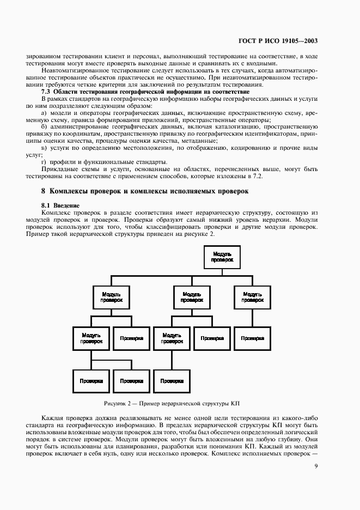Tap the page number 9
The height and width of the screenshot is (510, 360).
tap(316, 466)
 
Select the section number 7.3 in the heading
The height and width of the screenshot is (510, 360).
tap(46, 92)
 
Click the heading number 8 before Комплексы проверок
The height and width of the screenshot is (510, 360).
tap(43, 191)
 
